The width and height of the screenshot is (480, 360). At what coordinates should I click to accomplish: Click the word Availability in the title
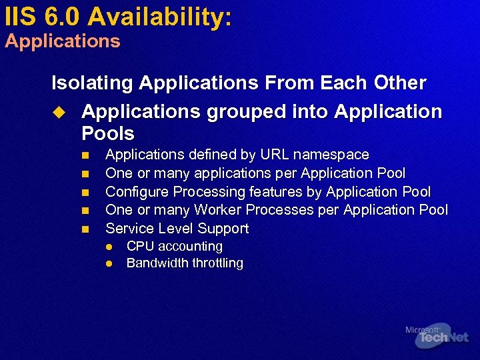pyautogui.click(x=161, y=17)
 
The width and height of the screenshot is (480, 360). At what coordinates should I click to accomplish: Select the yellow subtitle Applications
pyautogui.click(x=63, y=41)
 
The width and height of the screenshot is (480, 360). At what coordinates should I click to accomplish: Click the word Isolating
pyautogui.click(x=92, y=83)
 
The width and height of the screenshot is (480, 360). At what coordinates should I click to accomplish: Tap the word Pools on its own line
pyautogui.click(x=108, y=133)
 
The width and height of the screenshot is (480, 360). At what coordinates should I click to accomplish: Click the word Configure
pyautogui.click(x=137, y=192)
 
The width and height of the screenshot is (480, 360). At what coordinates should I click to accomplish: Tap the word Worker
pyautogui.click(x=221, y=210)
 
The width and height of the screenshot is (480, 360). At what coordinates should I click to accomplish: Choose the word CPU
pyautogui.click(x=140, y=247)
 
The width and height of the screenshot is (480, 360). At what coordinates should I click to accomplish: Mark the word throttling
pyautogui.click(x=217, y=263)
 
